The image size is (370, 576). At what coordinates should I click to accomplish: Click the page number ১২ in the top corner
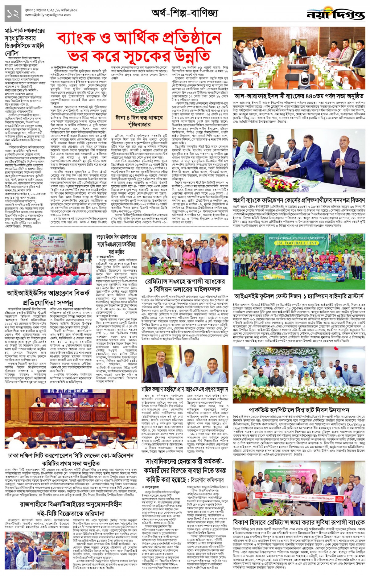[x=13, y=14]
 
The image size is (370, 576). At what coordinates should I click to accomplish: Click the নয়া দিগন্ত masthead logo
[x=335, y=14]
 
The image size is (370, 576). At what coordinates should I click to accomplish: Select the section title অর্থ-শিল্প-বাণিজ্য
[x=184, y=13]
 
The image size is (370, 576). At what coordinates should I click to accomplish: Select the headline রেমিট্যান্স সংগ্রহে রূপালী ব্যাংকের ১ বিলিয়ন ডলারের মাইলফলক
[x=185, y=285]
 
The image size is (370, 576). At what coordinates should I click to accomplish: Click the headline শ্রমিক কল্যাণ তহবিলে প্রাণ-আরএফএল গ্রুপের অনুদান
[x=185, y=389]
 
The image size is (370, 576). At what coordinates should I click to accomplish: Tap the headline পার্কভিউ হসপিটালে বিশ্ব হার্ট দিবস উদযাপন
[x=299, y=410]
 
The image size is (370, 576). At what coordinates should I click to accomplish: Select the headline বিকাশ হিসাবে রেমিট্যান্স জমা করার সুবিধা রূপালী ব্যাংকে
[x=299, y=522]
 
